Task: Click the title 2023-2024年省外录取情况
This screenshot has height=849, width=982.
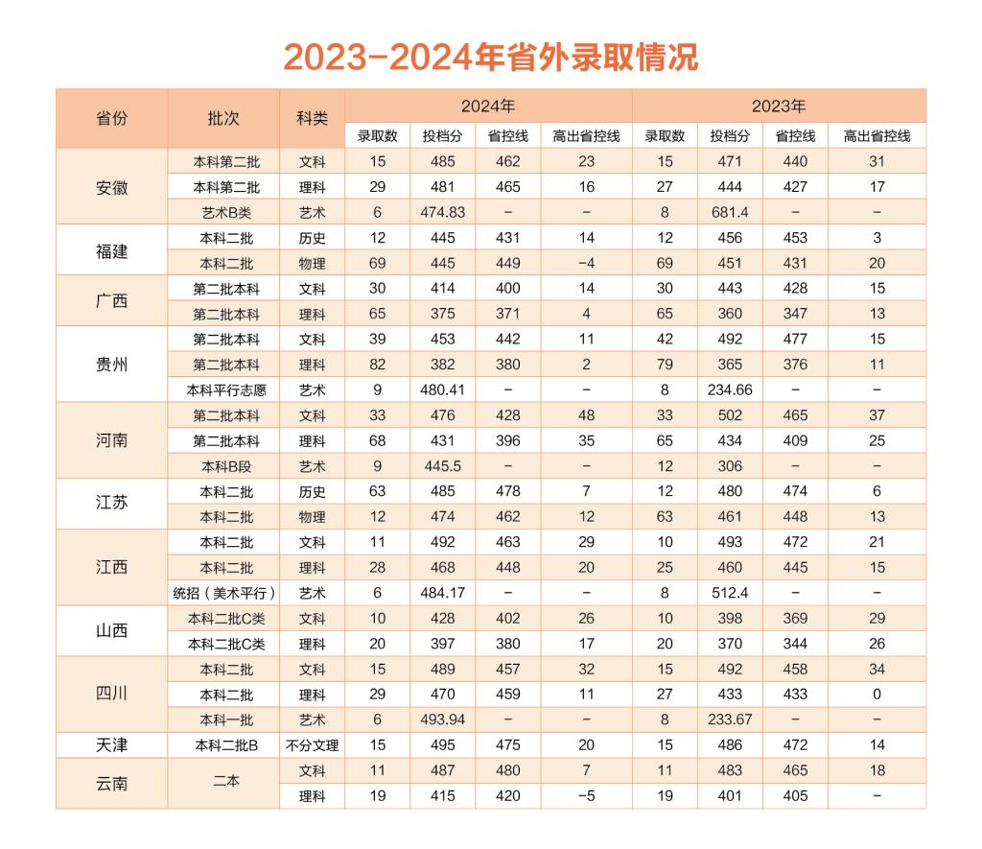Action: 490,57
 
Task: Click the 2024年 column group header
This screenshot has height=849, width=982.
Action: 488,106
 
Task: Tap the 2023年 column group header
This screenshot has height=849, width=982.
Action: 779,106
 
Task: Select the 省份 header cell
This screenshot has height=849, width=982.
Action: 111,119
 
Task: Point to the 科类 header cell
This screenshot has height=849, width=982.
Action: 312,119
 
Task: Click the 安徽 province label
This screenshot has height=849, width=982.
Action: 111,187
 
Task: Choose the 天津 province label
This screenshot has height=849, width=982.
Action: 111,745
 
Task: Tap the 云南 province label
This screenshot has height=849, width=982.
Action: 111,784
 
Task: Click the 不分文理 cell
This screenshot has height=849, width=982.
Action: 312,745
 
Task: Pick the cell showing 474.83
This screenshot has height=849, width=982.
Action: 443,212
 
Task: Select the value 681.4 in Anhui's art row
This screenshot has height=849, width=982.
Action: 730,212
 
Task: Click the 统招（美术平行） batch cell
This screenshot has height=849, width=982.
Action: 223,593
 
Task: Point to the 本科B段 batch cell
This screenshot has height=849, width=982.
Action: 223,466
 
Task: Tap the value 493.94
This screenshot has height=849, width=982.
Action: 443,719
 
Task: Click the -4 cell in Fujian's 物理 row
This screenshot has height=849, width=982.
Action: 586,263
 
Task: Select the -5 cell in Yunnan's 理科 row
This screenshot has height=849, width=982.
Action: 586,796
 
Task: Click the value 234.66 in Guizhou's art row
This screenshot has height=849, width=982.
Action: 730,390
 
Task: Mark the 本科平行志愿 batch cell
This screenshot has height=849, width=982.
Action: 223,390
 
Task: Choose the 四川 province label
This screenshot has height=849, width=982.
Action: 111,695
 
